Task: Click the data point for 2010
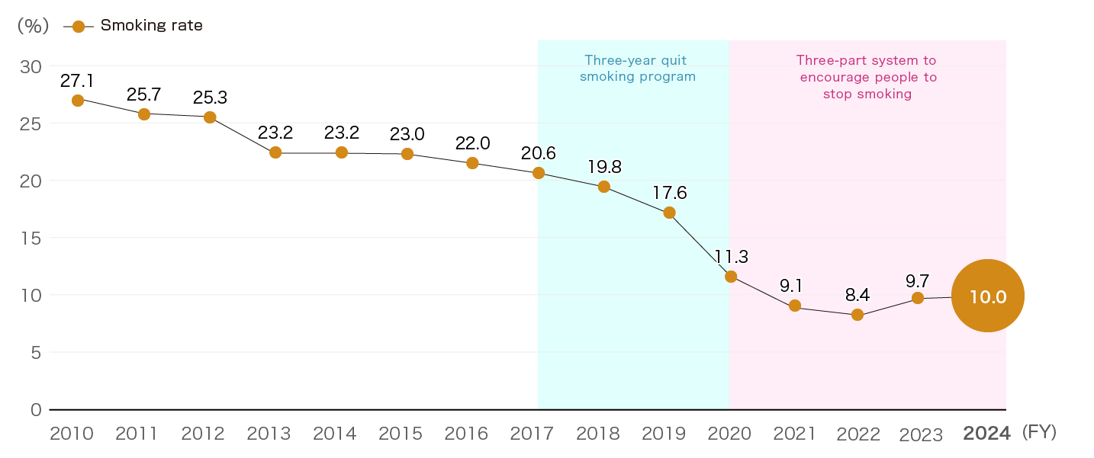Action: [x=78, y=101]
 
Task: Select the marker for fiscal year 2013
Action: [x=275, y=152]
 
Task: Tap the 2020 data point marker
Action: [x=731, y=276]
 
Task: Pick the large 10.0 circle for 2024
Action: [x=988, y=296]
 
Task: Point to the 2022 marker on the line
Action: [x=858, y=315]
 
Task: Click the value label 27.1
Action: [x=77, y=80]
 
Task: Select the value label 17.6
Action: [x=669, y=193]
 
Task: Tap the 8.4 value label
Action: [x=858, y=294]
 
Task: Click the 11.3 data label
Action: [x=731, y=257]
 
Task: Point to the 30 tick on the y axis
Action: [x=31, y=66]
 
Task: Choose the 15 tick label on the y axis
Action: [x=31, y=238]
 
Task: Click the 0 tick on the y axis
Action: [x=36, y=409]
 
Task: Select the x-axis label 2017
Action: [x=532, y=434]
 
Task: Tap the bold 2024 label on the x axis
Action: [x=986, y=434]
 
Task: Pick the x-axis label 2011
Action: [x=137, y=434]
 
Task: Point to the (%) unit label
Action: [x=33, y=26]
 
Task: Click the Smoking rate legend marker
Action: [x=78, y=27]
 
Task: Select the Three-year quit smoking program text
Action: [x=638, y=68]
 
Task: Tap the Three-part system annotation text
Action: [x=867, y=77]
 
